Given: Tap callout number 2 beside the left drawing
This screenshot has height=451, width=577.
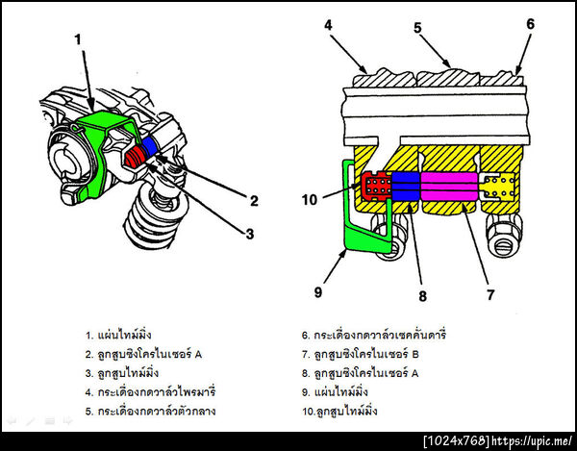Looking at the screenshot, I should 254,201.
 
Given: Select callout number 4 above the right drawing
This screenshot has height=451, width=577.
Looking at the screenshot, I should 328,26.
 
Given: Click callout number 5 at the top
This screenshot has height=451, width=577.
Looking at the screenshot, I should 417,27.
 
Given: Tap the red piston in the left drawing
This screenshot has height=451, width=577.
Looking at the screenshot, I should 136,154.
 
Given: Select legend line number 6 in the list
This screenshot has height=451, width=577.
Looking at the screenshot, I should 375,336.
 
